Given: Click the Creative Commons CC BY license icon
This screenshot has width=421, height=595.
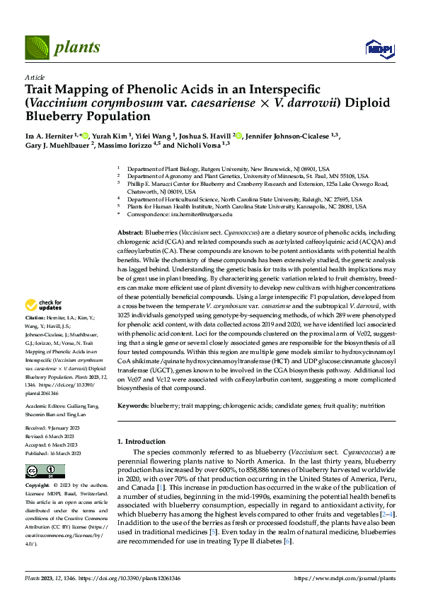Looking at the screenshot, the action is pos(36,471).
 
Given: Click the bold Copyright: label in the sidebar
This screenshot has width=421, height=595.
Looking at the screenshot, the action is pos(38,486).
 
